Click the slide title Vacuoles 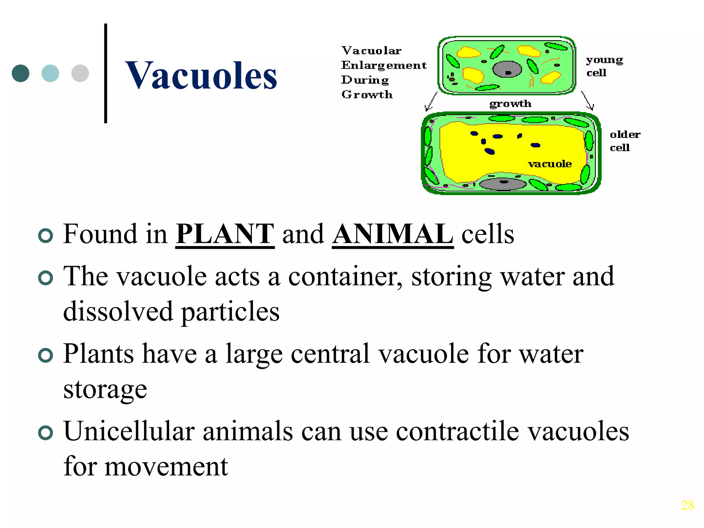coord(201,75)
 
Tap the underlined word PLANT coord(225,234)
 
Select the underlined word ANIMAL coord(393,234)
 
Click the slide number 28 coord(687,505)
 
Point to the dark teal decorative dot coord(21,73)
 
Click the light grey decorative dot coord(80,73)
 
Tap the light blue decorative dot coord(50,73)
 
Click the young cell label coord(604,66)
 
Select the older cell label coord(625,141)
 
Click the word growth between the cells coord(510,104)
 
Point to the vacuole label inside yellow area coord(550,164)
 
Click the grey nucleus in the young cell coord(507,70)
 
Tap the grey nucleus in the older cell coord(503,184)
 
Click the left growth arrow coord(431,102)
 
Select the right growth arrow coord(587,101)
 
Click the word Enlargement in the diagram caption coord(384,65)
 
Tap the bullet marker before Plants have coord(46,355)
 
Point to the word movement coord(166,467)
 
